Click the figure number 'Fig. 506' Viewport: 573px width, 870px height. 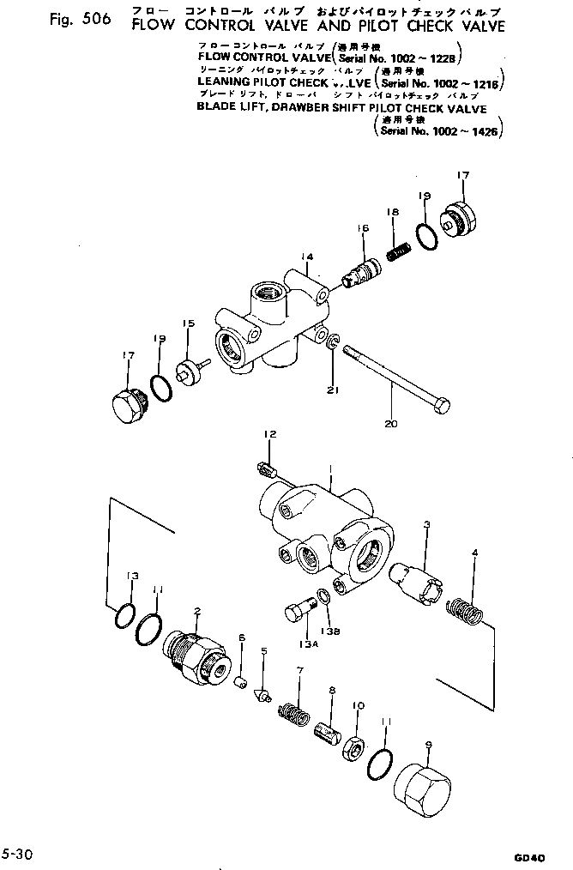click(78, 21)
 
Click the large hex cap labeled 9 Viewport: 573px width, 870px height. click(421, 783)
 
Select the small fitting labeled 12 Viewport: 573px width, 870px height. click(265, 468)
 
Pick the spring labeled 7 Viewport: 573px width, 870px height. click(293, 711)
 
